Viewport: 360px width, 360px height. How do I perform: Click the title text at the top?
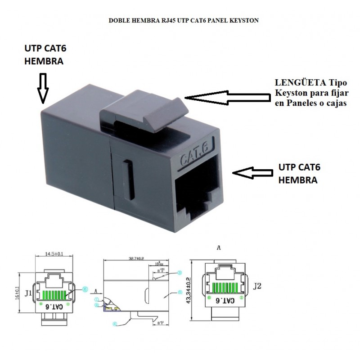[x=183, y=21]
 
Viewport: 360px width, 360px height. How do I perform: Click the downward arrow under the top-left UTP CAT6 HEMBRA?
[x=43, y=88]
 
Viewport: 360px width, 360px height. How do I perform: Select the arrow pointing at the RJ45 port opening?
[x=253, y=172]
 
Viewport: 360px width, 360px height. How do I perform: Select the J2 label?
[x=257, y=285]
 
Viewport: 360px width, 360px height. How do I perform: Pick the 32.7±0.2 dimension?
[x=136, y=259]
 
